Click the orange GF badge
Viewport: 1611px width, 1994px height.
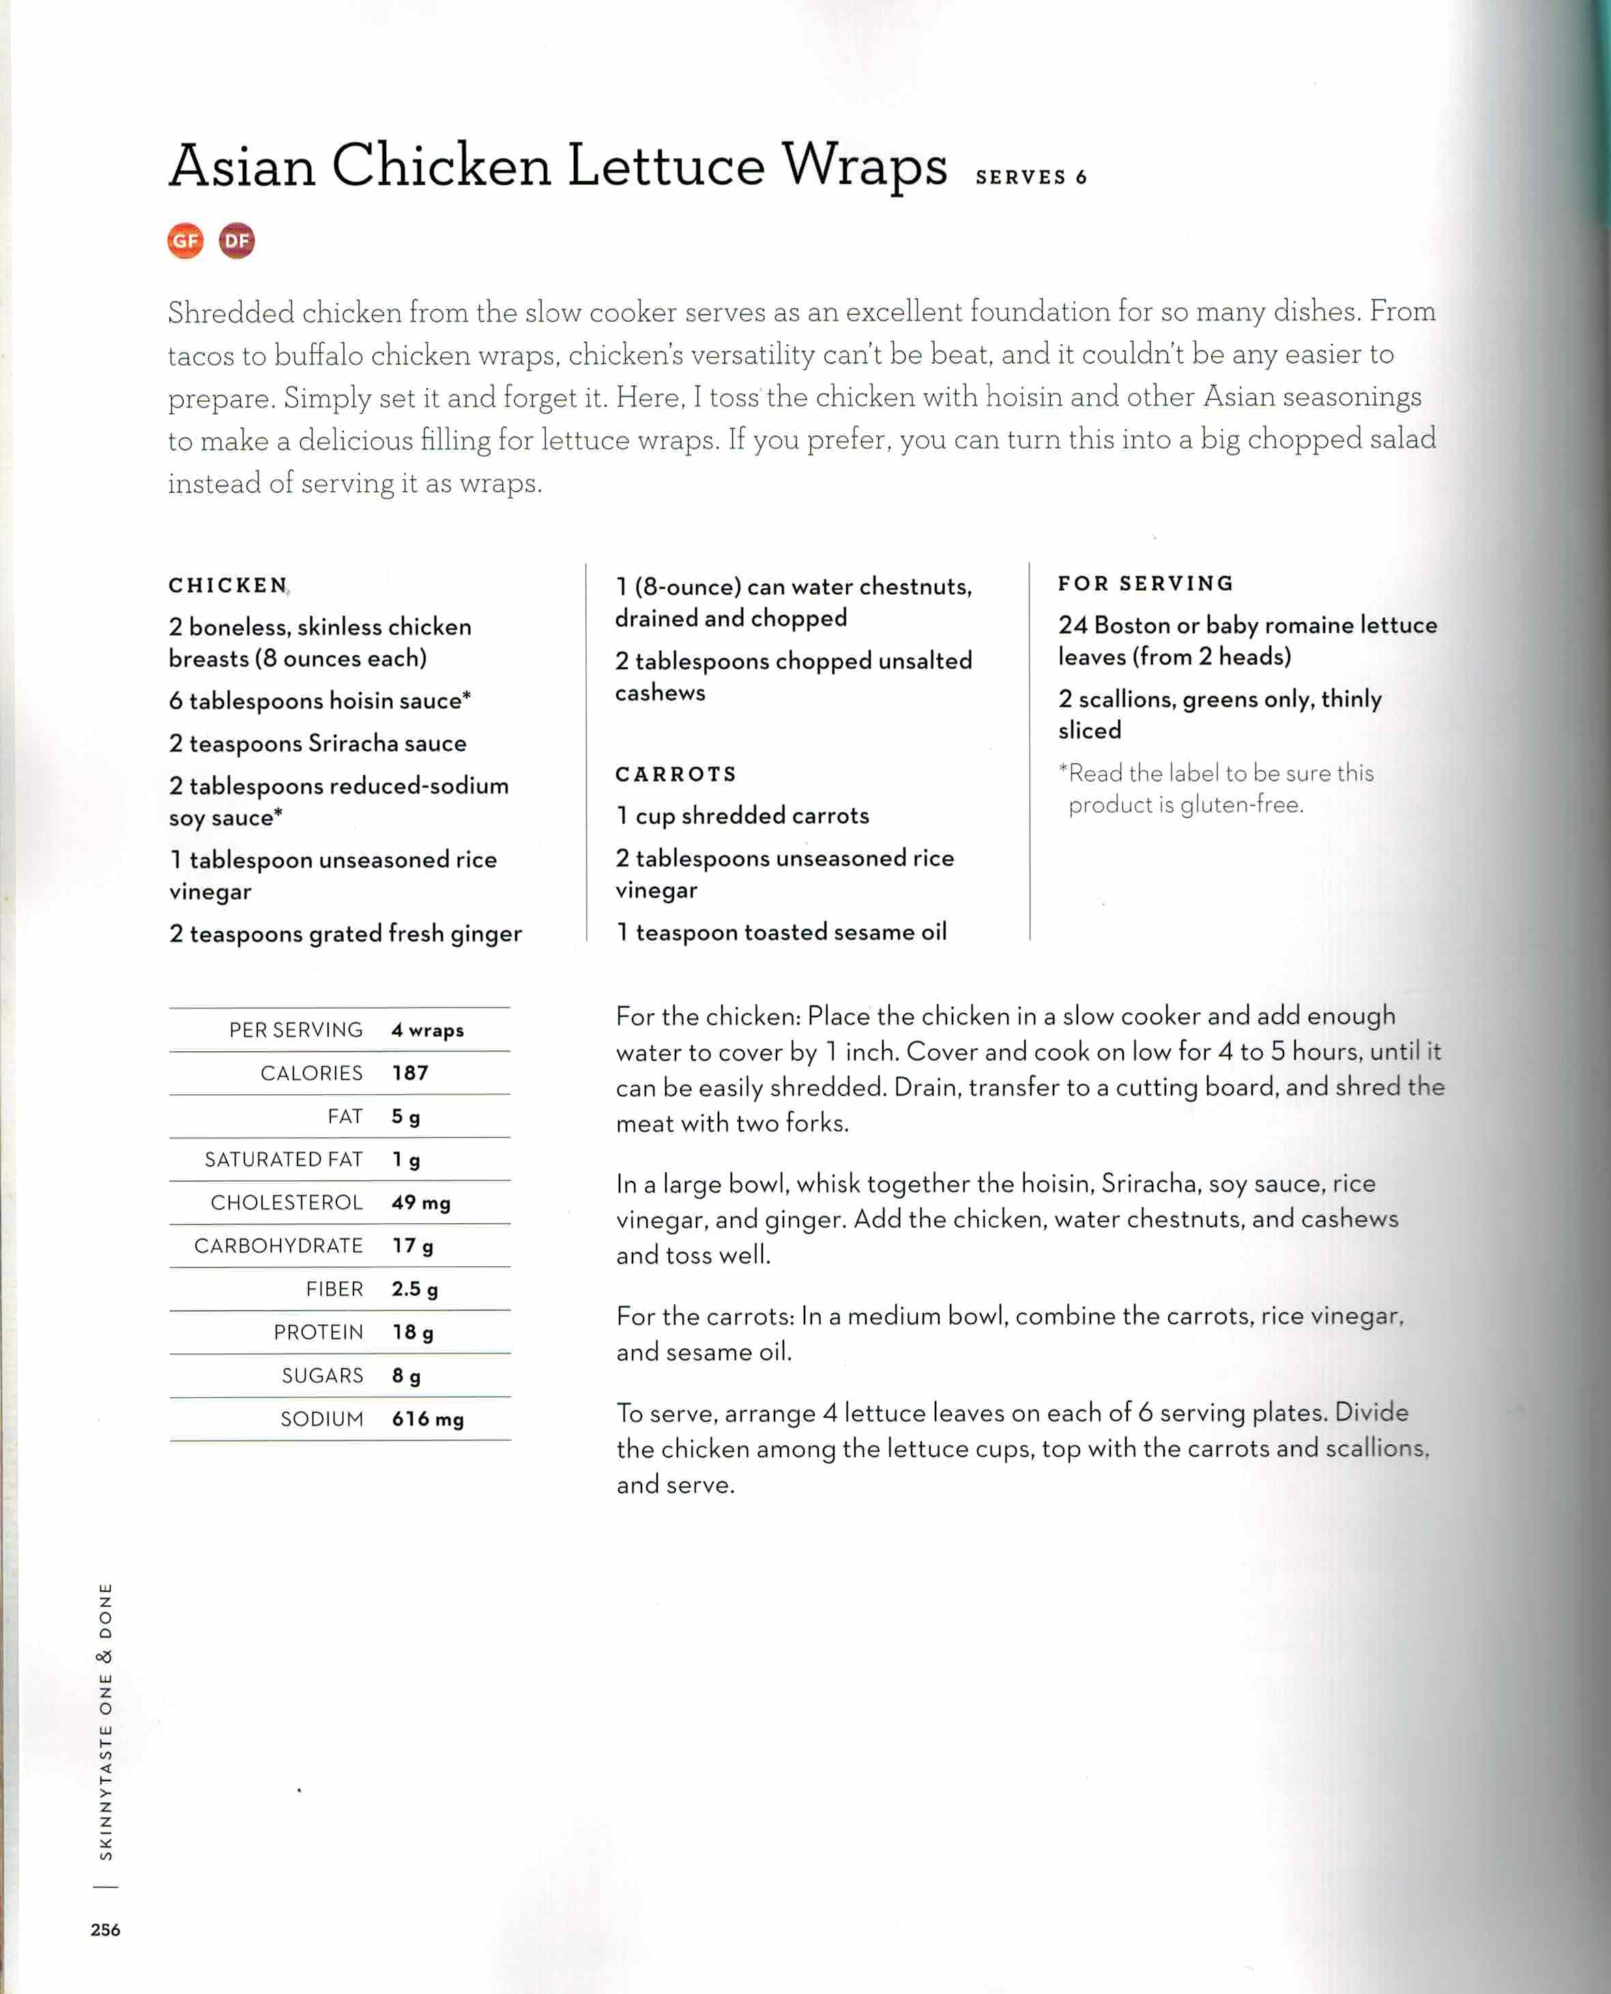(x=186, y=241)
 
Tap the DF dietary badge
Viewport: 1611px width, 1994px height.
(x=237, y=241)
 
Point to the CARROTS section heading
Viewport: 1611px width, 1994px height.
(x=676, y=774)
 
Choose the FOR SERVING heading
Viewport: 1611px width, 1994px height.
(x=1145, y=584)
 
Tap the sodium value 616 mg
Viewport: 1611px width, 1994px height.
(x=428, y=1419)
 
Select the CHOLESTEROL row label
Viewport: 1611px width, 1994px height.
(x=286, y=1203)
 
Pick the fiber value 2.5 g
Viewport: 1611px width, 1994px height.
(x=415, y=1289)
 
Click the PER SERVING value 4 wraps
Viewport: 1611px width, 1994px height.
(x=427, y=1030)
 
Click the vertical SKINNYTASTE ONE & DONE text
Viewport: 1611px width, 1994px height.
(x=106, y=1720)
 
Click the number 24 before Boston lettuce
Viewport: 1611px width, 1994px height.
(x=1073, y=626)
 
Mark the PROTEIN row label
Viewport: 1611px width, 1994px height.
(x=318, y=1332)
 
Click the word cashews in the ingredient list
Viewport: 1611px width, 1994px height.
(x=660, y=692)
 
